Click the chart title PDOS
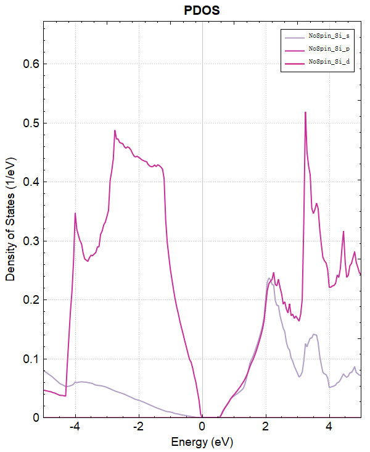[x=202, y=11]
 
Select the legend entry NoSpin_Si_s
[x=329, y=36]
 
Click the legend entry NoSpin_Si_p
[x=329, y=49]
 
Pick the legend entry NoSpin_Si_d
[x=329, y=63]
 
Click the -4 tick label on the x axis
[x=75, y=427]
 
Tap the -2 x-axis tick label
[x=138, y=427]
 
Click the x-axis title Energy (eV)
[x=202, y=442]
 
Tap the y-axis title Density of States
[x=10, y=219]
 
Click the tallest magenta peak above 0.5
[x=305, y=112]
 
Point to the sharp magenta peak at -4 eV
[x=75, y=213]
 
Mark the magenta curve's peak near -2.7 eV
[x=115, y=130]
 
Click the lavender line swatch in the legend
[x=294, y=36]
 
